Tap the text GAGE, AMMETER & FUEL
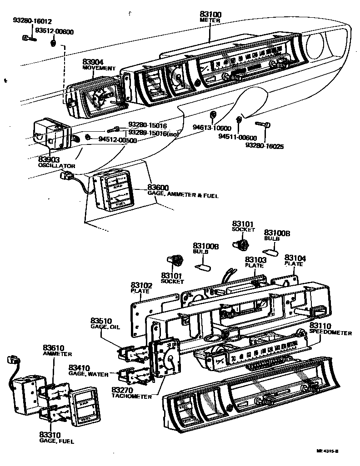click(x=183, y=195)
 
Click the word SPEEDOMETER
click(x=330, y=332)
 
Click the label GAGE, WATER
click(x=89, y=374)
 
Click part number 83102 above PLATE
click(x=142, y=285)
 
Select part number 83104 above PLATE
click(x=295, y=258)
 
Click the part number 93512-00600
click(x=55, y=31)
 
